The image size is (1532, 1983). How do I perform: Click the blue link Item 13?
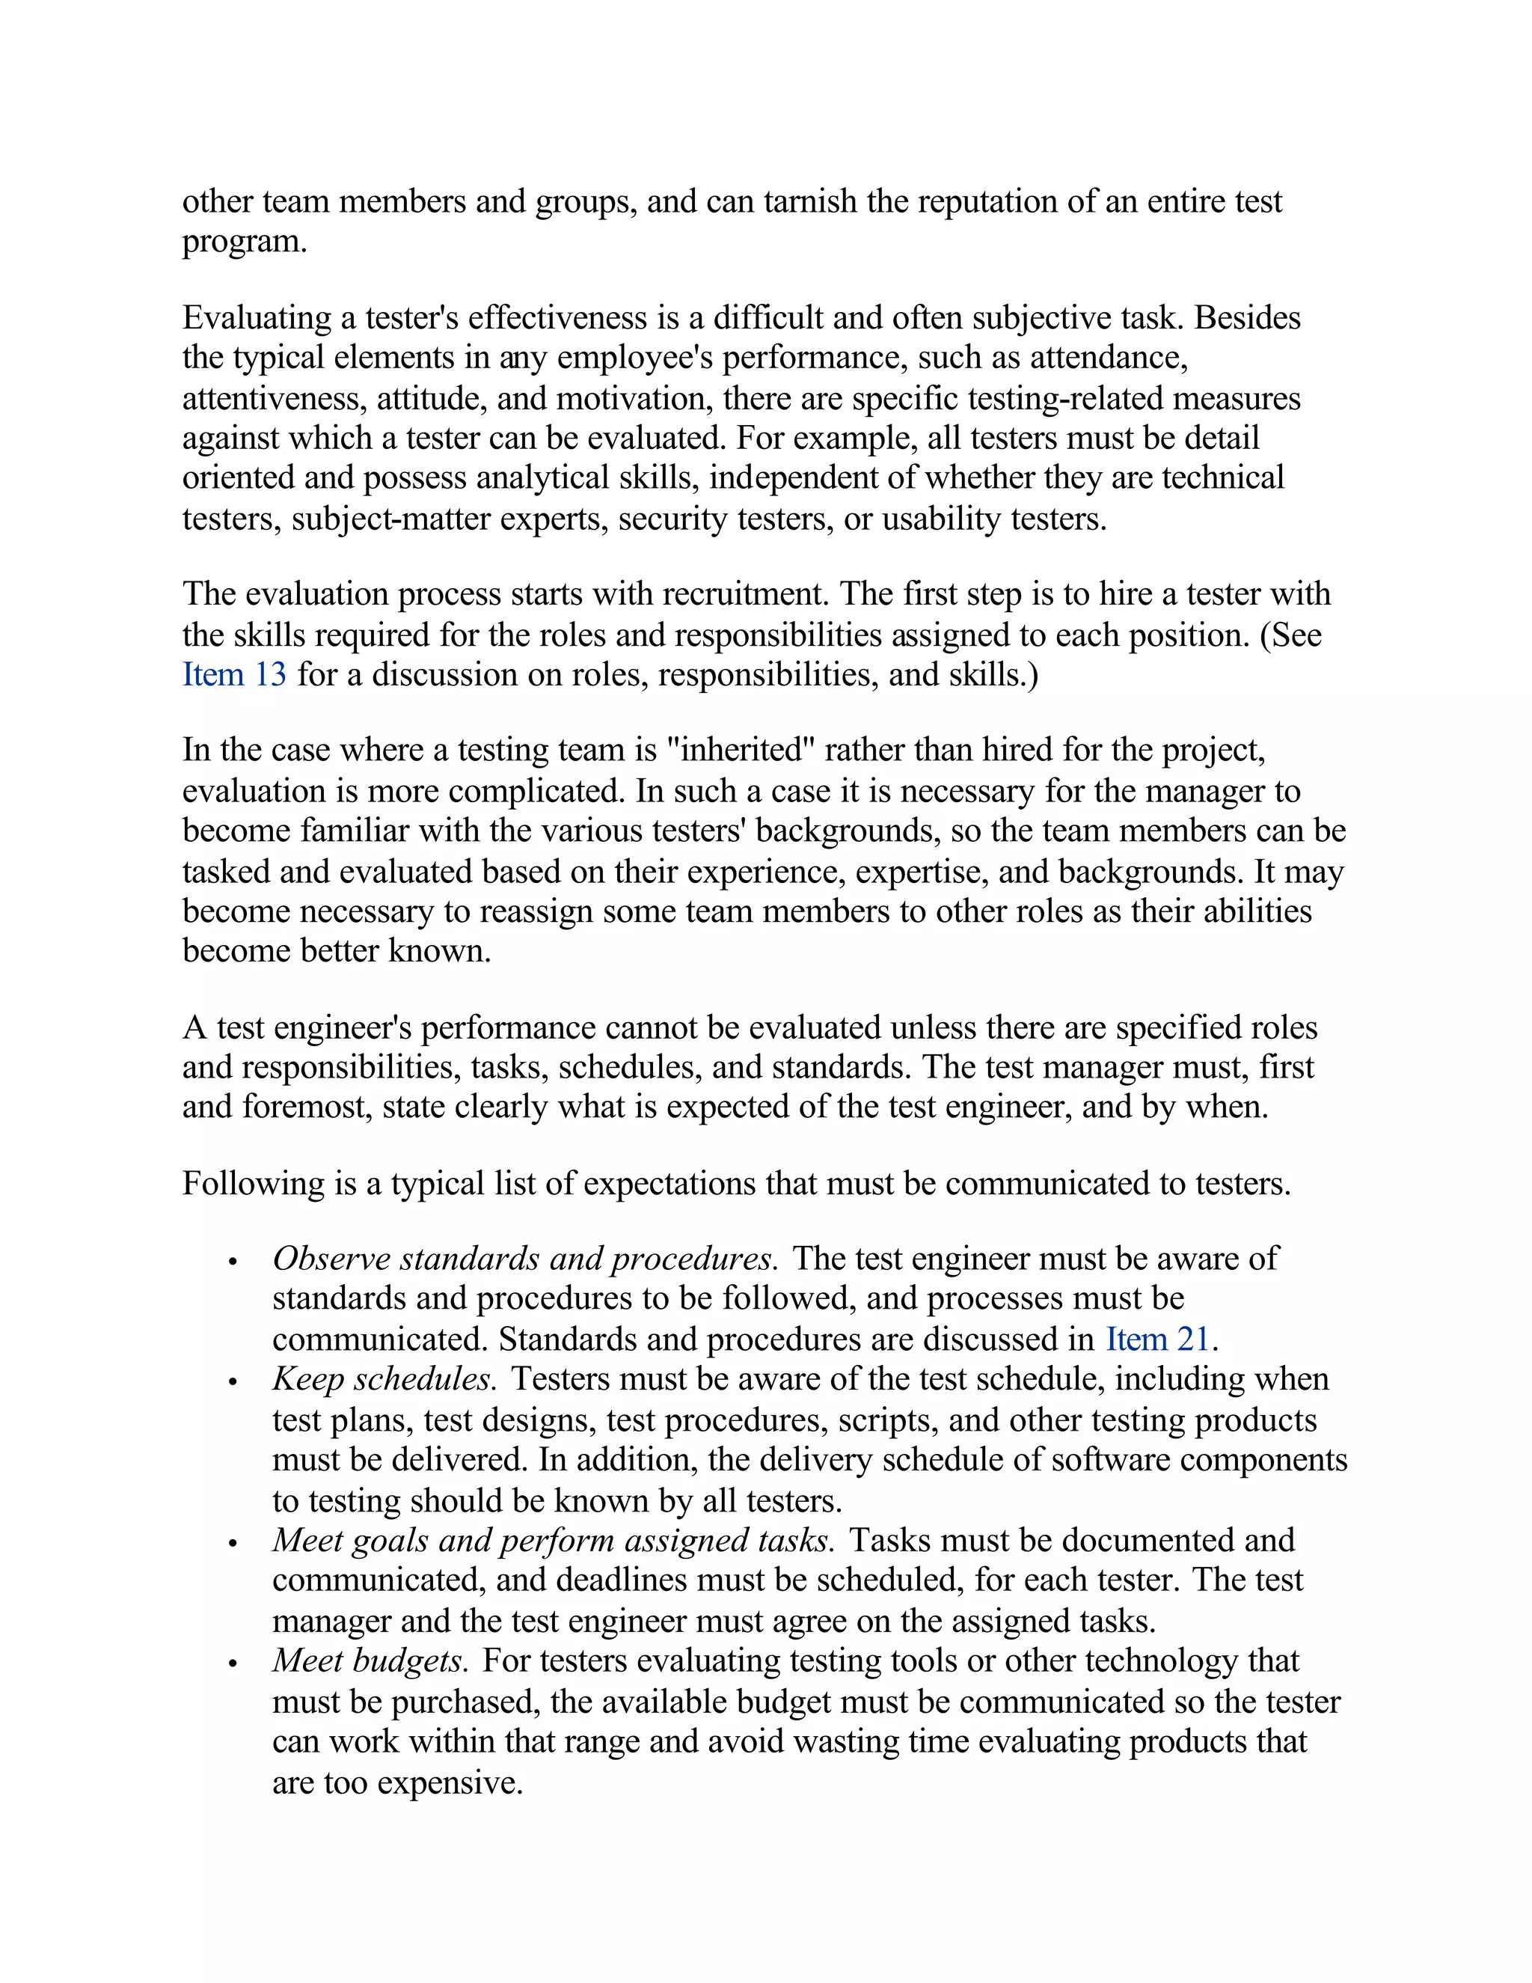pos(234,675)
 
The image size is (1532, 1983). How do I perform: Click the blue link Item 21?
pos(1157,1339)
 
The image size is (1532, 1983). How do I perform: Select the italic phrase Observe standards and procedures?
pos(524,1259)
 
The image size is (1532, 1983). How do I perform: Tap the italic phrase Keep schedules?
pos(384,1379)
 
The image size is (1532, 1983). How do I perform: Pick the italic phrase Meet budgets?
pos(370,1660)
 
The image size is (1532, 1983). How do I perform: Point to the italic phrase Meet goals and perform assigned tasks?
pos(553,1541)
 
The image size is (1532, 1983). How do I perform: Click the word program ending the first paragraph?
pos(242,242)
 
